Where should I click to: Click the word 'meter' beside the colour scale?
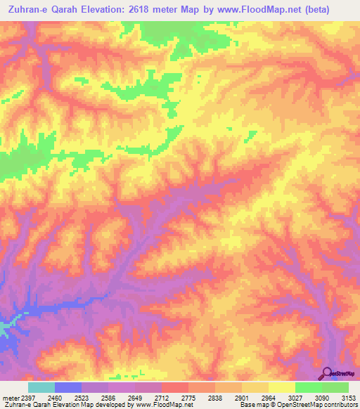[8, 397]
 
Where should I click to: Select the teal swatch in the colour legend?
[41, 387]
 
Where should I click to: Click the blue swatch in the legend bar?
[68, 387]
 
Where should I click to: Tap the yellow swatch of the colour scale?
[281, 387]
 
